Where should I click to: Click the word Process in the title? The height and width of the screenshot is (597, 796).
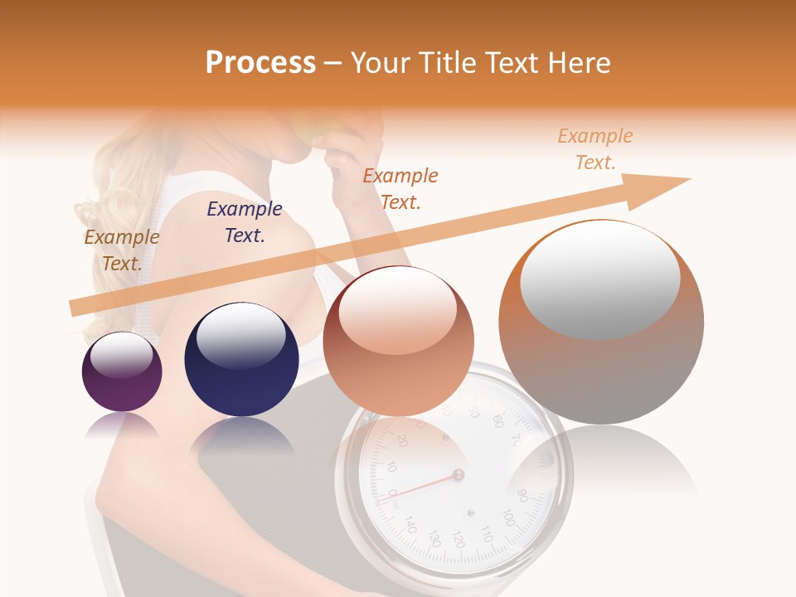(x=260, y=63)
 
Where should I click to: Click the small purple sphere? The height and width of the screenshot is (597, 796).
(x=122, y=372)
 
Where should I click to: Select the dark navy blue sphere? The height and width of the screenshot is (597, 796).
(x=241, y=360)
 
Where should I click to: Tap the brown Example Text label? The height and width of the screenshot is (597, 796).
(x=121, y=250)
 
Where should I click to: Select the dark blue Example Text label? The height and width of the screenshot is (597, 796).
(x=244, y=222)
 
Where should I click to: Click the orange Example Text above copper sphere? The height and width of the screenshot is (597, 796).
(x=400, y=188)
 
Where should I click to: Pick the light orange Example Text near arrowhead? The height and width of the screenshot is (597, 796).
(x=595, y=149)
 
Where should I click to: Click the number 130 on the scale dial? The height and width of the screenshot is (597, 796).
(x=433, y=539)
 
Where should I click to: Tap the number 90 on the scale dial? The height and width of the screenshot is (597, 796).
(x=521, y=496)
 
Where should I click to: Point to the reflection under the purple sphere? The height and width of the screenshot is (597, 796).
(x=121, y=425)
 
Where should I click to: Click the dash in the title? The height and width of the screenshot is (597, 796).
(x=333, y=63)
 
